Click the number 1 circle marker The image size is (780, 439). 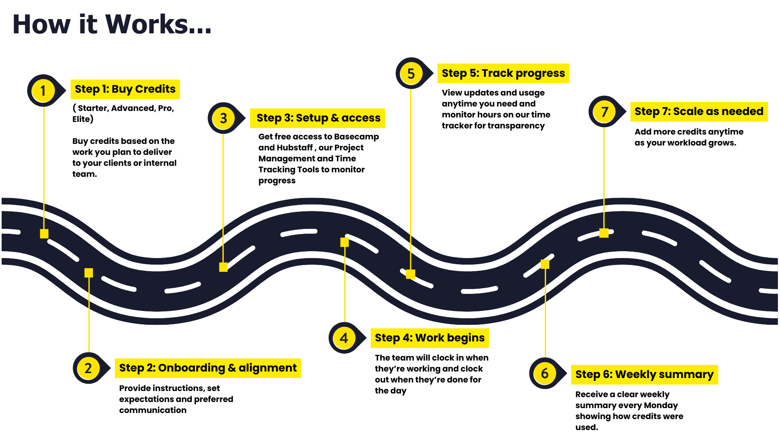[x=43, y=90]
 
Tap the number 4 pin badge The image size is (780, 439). [x=344, y=338]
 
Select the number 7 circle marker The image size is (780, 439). [x=604, y=111]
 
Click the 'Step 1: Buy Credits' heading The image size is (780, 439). [x=125, y=89]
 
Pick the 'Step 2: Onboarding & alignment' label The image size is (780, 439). [x=208, y=368]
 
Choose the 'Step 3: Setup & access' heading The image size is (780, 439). [x=318, y=118]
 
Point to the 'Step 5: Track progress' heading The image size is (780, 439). [x=503, y=73]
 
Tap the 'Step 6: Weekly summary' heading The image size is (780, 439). [x=644, y=374]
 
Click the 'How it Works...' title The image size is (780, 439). [x=112, y=24]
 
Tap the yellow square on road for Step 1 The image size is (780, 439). [x=44, y=234]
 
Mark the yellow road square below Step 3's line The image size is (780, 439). [x=223, y=267]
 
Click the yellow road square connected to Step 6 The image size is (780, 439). [x=545, y=264]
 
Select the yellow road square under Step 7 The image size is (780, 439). [x=604, y=233]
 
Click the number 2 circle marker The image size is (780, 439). [x=88, y=368]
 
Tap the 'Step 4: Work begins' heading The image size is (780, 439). [x=429, y=338]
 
